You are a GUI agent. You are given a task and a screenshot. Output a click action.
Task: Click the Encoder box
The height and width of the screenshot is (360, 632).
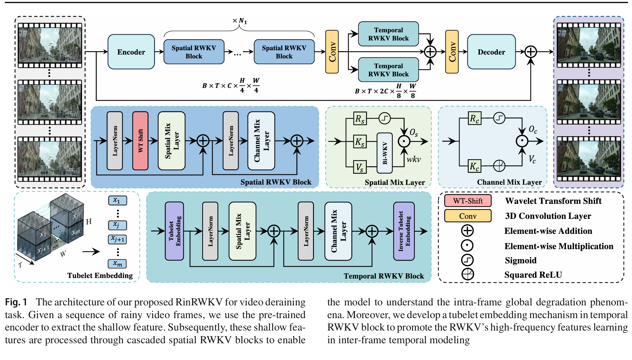point(131,52)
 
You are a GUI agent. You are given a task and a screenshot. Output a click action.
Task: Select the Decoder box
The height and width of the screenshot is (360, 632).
point(491,52)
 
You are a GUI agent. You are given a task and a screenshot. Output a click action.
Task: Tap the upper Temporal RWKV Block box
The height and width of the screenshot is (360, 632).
point(388,34)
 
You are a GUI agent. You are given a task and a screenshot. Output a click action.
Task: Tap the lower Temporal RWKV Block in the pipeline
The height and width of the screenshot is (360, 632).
point(388,70)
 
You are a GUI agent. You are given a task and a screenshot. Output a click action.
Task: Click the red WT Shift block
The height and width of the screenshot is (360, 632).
point(140,141)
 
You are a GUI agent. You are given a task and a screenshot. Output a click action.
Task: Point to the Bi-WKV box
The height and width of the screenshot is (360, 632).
point(384,153)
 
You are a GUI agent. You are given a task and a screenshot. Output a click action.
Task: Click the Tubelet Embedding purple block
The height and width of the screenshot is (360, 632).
point(174,231)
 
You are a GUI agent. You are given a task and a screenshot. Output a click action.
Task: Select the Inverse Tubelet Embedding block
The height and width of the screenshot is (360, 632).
point(404,231)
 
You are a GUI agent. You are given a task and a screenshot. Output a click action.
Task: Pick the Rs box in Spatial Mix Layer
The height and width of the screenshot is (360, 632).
point(360,119)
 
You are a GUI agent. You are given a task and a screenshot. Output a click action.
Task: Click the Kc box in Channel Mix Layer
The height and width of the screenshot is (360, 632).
point(474,166)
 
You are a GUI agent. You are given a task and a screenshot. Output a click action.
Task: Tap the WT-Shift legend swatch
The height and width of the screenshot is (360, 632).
point(468,201)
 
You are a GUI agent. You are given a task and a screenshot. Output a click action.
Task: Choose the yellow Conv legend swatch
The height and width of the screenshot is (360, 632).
point(468,216)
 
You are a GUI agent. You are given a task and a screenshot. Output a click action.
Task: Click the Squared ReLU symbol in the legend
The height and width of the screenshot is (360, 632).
point(467,274)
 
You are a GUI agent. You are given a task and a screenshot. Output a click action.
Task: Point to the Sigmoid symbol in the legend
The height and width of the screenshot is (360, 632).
point(467,260)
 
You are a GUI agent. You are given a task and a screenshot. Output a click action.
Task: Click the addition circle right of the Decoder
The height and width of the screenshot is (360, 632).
point(531,52)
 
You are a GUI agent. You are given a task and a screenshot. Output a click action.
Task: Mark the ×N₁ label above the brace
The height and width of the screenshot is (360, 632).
point(240,21)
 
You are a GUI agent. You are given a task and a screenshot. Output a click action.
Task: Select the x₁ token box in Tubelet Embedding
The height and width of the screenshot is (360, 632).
point(117,200)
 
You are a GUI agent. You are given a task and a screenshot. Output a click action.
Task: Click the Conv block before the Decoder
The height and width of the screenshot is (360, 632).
point(452,52)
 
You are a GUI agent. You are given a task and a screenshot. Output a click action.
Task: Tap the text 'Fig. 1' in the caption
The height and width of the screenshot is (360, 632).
point(16,302)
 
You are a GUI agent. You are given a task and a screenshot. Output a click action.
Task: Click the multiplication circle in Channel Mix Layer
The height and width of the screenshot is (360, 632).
point(522,141)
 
